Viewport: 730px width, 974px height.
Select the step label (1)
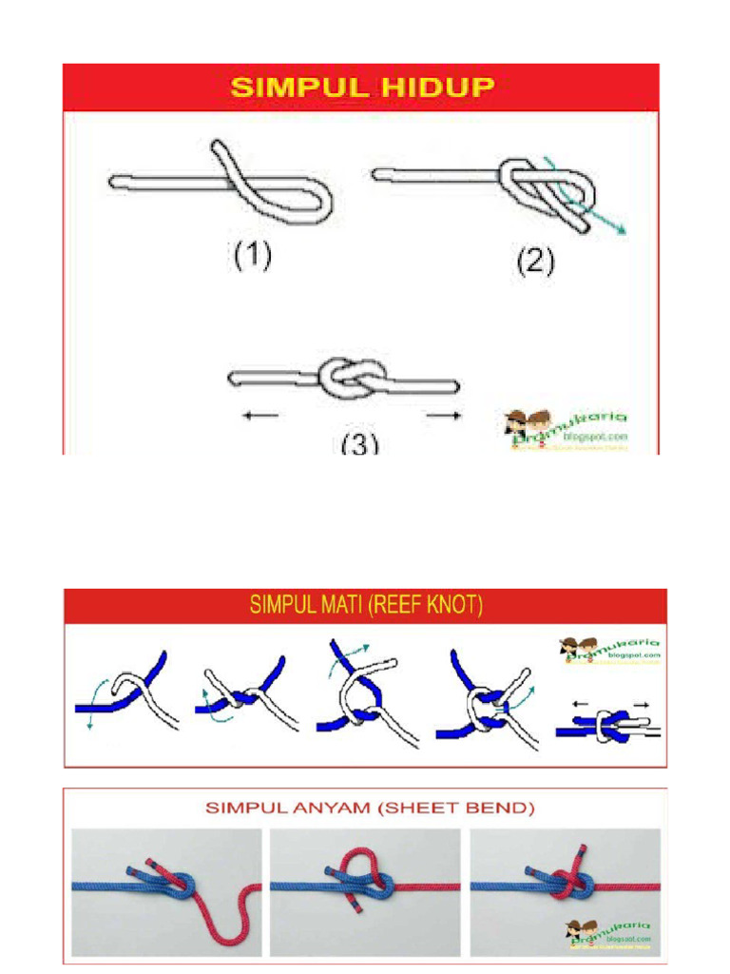[x=253, y=256]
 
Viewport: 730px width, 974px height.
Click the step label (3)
[x=359, y=443]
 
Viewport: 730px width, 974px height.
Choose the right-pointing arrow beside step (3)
[x=444, y=416]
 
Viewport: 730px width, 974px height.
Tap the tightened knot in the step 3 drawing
[x=346, y=381]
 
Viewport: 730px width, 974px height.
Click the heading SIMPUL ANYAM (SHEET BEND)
[x=371, y=809]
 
